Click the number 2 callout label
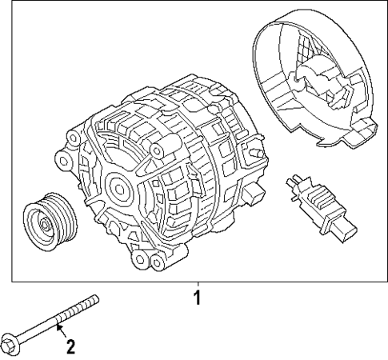point(70,346)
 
